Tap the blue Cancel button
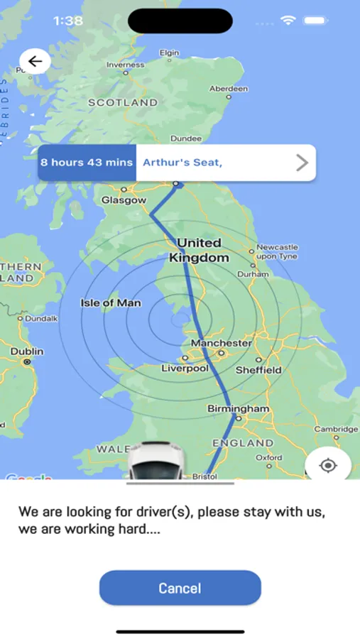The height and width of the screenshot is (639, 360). pyautogui.click(x=180, y=588)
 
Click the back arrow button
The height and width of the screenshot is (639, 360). pyautogui.click(x=35, y=62)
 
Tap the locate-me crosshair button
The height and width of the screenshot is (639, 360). pyautogui.click(x=328, y=466)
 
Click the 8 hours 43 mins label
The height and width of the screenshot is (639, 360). pyautogui.click(x=87, y=163)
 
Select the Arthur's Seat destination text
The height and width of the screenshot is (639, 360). pyautogui.click(x=182, y=163)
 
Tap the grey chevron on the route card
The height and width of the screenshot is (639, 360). pyautogui.click(x=302, y=163)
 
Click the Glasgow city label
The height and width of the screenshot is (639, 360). pyautogui.click(x=124, y=200)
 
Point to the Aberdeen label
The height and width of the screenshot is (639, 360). pyautogui.click(x=229, y=89)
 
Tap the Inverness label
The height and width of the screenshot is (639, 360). pyautogui.click(x=125, y=65)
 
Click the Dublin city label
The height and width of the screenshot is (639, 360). pyautogui.click(x=27, y=351)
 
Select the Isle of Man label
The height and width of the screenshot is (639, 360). pyautogui.click(x=111, y=303)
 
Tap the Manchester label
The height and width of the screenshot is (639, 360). pyautogui.click(x=221, y=343)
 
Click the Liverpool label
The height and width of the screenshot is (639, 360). pyautogui.click(x=185, y=368)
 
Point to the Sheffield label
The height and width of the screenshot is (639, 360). pyautogui.click(x=258, y=370)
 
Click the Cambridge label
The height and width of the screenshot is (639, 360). pyautogui.click(x=336, y=429)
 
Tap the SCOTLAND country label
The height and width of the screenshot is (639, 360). pyautogui.click(x=122, y=102)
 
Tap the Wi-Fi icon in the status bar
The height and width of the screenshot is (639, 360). pyautogui.click(x=288, y=21)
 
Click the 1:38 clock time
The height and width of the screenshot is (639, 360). pyautogui.click(x=67, y=21)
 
